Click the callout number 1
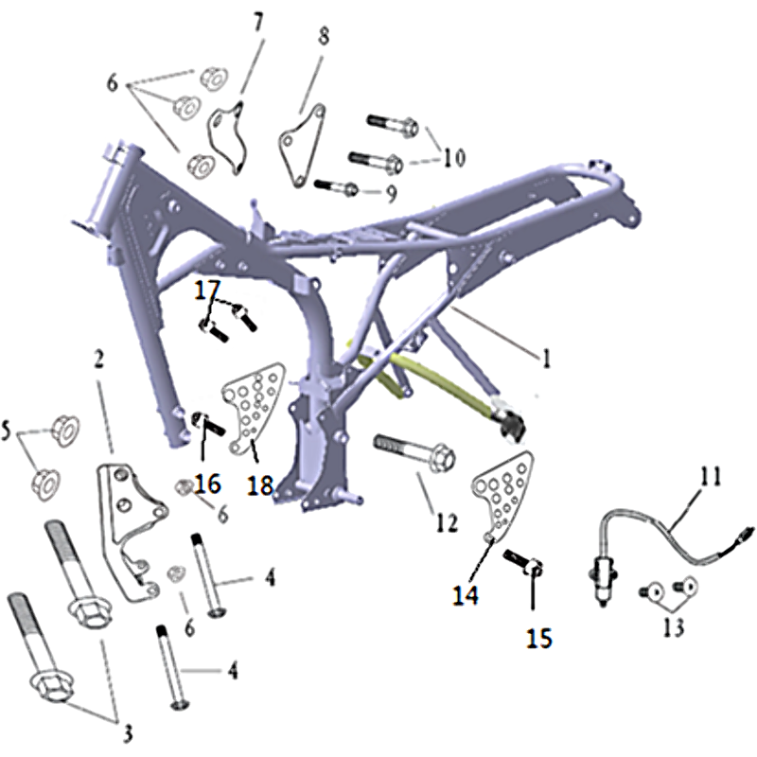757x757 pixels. [x=546, y=359]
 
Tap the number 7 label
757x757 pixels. [x=258, y=23]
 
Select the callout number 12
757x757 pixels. [x=447, y=522]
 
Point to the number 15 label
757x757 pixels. [x=538, y=638]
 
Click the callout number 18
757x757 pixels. [x=260, y=485]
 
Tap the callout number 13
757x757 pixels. [x=674, y=627]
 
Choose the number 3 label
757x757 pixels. [x=126, y=734]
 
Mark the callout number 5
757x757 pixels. [x=7, y=431]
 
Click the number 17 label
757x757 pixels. [x=207, y=290]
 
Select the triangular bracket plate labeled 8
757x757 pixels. [x=301, y=145]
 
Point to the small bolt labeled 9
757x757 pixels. [x=336, y=187]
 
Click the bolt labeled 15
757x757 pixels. [x=523, y=562]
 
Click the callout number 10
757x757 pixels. [x=454, y=157]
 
